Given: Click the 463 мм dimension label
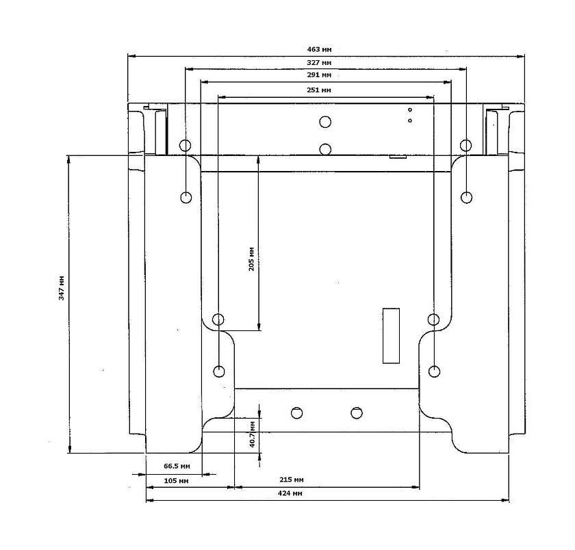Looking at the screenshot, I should point(320,49).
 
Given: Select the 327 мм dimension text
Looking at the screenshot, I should point(320,62).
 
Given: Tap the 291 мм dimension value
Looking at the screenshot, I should point(320,75).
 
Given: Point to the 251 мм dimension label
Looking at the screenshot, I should point(320,90).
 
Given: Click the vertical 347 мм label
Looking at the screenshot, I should point(62,289).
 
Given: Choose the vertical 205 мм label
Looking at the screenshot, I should point(251,261).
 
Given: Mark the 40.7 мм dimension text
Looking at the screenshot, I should point(252,433).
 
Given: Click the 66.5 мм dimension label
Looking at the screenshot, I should point(177,467).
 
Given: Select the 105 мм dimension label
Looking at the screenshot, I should point(177,482).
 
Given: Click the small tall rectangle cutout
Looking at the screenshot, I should point(391,335).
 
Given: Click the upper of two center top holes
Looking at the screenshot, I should point(325,122).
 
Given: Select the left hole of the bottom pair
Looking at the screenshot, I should point(296,413).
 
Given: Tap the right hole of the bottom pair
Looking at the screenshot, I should point(356,413).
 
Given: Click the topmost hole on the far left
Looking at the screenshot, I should point(185,145).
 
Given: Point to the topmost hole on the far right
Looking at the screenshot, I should point(465,145).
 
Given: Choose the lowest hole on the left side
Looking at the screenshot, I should point(219,371).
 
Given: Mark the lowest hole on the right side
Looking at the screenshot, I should point(433,371).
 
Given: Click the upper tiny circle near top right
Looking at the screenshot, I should point(409,109).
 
